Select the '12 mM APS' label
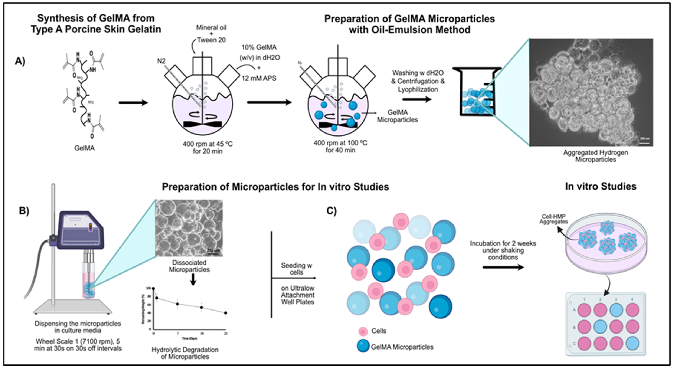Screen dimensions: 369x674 pos(258,78)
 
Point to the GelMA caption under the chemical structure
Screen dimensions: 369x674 pos(84,148)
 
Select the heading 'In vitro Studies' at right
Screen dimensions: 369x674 pos(601,186)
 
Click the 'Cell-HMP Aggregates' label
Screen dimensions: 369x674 pos(553,219)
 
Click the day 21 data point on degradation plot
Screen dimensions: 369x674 pos(226,313)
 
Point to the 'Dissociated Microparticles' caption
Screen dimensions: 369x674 pos(189,266)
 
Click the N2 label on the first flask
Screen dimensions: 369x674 pos(161,61)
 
